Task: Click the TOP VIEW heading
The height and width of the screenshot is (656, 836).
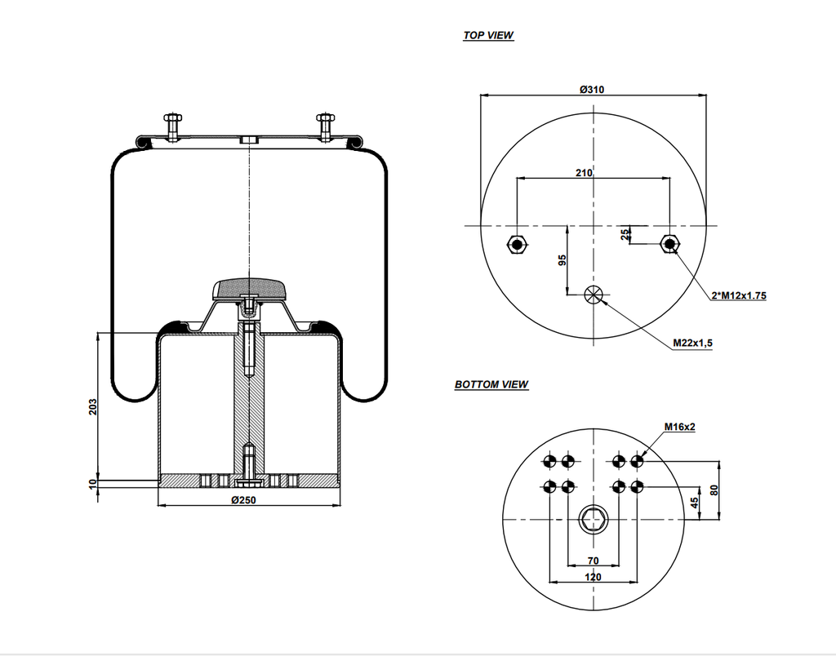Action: [x=488, y=35]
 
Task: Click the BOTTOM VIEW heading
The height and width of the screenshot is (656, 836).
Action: [x=491, y=384]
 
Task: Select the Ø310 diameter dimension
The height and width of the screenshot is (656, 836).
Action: [x=592, y=89]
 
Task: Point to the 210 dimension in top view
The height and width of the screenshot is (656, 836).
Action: [x=584, y=173]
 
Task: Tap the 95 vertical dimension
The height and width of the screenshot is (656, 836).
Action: [x=562, y=260]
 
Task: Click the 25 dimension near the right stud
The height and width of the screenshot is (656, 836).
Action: [x=625, y=234]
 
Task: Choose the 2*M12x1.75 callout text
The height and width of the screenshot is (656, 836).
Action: [x=738, y=296]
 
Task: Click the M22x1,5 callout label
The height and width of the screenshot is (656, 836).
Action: [x=693, y=344]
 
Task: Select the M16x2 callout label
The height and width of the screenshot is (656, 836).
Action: [x=679, y=427]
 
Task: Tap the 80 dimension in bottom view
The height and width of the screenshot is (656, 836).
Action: [x=714, y=490]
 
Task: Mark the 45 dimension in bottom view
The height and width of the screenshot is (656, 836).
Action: [x=695, y=503]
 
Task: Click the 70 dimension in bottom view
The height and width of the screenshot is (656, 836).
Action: [x=593, y=561]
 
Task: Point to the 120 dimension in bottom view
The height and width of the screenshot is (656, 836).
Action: [x=593, y=577]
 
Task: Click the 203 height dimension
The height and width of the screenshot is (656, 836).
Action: [x=93, y=406]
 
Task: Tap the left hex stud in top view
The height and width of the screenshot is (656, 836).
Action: [x=516, y=244]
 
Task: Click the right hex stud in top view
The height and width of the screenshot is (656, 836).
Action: [x=670, y=244]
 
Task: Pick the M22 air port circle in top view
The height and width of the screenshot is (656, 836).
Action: [x=594, y=294]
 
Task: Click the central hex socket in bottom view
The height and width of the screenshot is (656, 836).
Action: [x=594, y=518]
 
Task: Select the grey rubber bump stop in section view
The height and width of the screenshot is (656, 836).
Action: [x=249, y=288]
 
